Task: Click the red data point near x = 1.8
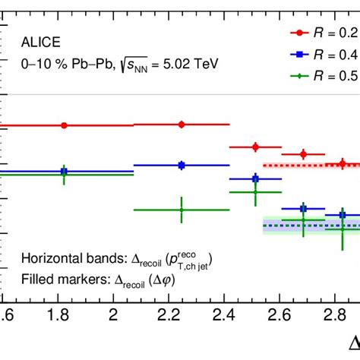point(64,125)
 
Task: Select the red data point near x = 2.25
point(182,124)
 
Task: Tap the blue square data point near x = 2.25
point(182,165)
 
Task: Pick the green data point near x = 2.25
point(182,210)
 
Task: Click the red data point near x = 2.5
point(255,147)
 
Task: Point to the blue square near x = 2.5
point(255,178)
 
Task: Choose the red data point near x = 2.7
point(304,154)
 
